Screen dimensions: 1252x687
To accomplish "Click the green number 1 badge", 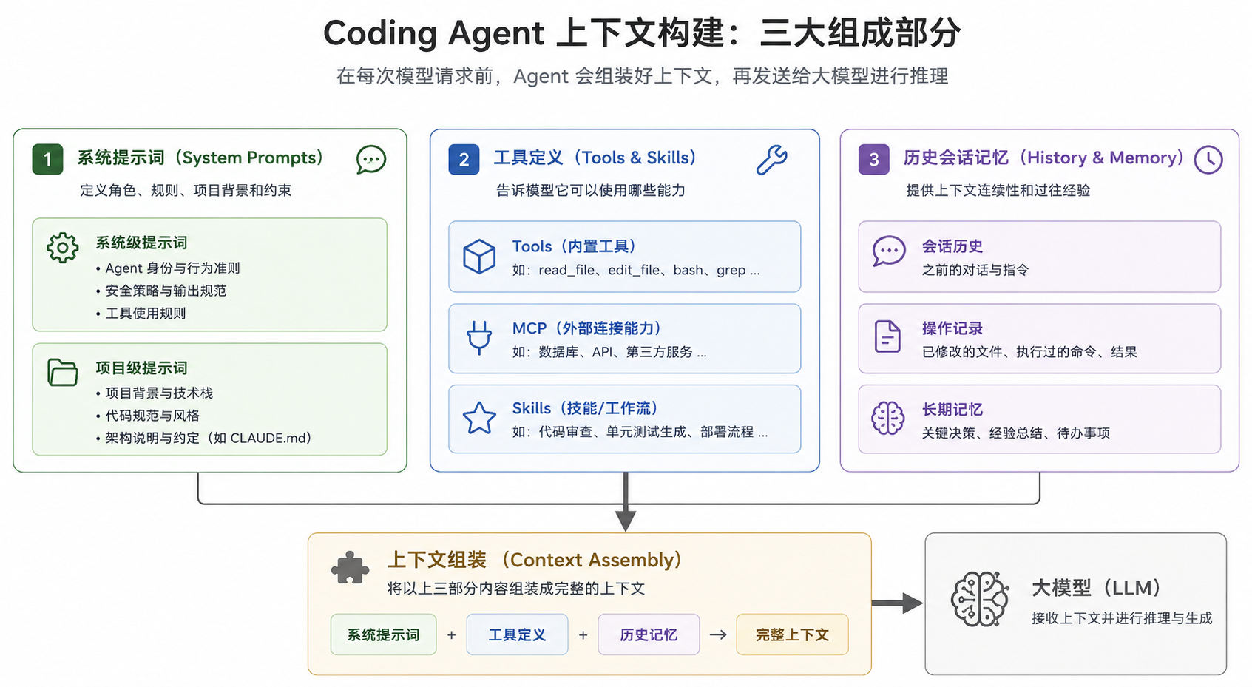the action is (47, 159).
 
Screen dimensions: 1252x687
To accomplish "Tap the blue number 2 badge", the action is (464, 159).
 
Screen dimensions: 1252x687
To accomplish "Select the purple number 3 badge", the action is (873, 159).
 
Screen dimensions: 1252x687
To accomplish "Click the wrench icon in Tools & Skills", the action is (772, 160).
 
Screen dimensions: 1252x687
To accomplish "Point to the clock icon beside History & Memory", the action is (1208, 160).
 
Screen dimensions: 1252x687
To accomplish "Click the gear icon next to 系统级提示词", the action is (63, 248).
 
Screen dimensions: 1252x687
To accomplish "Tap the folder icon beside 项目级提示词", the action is (63, 372).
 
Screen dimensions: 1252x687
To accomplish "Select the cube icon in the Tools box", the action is (479, 257).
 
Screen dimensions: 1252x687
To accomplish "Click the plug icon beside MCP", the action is (479, 338).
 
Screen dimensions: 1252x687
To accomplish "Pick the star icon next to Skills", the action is (479, 418).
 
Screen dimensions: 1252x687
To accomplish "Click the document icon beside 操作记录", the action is (887, 336).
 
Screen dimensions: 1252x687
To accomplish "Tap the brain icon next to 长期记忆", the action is (887, 418).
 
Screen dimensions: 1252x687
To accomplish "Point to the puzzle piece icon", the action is (350, 568).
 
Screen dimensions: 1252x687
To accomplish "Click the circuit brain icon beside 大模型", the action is (980, 599).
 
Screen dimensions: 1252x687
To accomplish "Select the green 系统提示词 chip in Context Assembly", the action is (383, 634).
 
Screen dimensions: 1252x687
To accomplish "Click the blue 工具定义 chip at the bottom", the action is (517, 634).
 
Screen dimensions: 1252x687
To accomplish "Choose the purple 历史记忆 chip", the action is (649, 634).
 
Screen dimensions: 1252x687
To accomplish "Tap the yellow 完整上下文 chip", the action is (792, 634).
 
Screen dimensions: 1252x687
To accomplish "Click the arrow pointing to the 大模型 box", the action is (897, 603).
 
